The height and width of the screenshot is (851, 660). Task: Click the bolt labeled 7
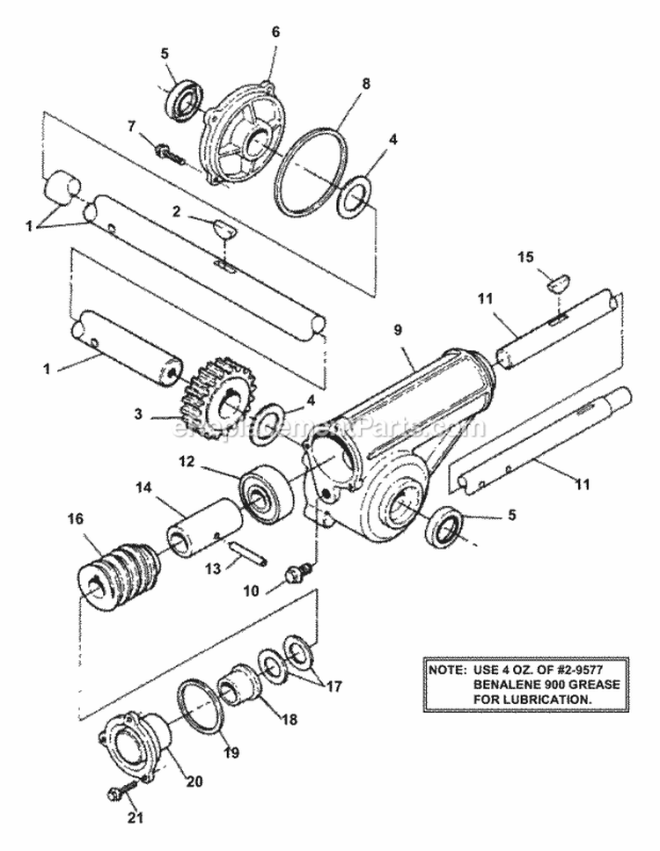[x=168, y=155]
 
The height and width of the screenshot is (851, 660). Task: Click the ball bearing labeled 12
[x=263, y=489]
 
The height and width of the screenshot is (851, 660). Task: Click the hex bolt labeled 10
[x=297, y=576]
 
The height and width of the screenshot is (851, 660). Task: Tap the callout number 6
[x=275, y=31]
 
